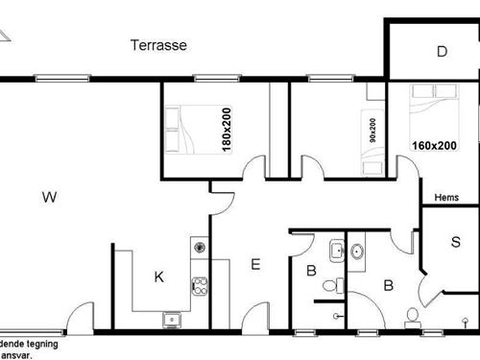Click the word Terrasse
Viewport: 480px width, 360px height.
click(x=158, y=45)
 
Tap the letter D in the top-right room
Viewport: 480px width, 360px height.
click(x=442, y=52)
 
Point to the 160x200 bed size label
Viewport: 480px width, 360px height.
click(x=434, y=146)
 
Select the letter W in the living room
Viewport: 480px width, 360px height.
click(x=49, y=198)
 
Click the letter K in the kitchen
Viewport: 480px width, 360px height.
click(x=159, y=277)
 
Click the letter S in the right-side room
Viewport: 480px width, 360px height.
click(x=455, y=241)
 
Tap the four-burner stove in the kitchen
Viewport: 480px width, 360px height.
click(x=201, y=285)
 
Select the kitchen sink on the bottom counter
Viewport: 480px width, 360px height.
click(x=173, y=319)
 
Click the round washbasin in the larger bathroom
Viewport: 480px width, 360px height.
click(x=357, y=252)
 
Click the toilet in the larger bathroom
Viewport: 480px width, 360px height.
click(x=413, y=315)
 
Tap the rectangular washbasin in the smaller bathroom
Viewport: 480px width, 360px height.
click(x=335, y=252)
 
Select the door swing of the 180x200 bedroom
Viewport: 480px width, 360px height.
click(x=253, y=168)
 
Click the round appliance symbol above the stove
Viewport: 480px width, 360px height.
click(x=200, y=247)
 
